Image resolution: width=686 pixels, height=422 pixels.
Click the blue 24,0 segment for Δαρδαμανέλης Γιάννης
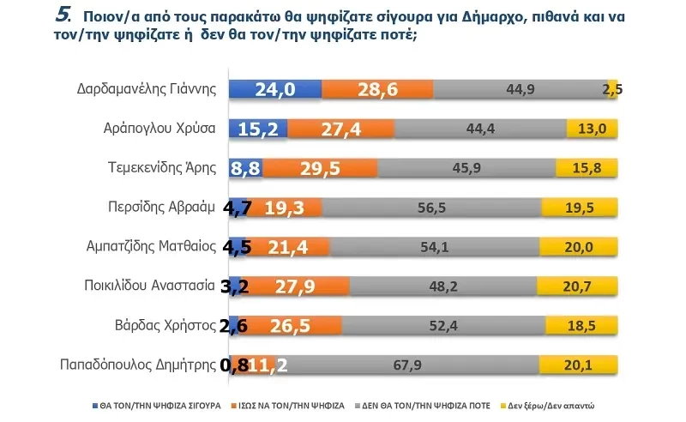(275, 90)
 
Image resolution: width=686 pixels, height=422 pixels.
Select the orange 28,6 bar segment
(377, 90)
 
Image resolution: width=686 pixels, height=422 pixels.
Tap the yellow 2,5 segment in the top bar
(612, 90)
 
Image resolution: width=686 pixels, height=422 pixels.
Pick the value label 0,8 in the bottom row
(233, 365)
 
